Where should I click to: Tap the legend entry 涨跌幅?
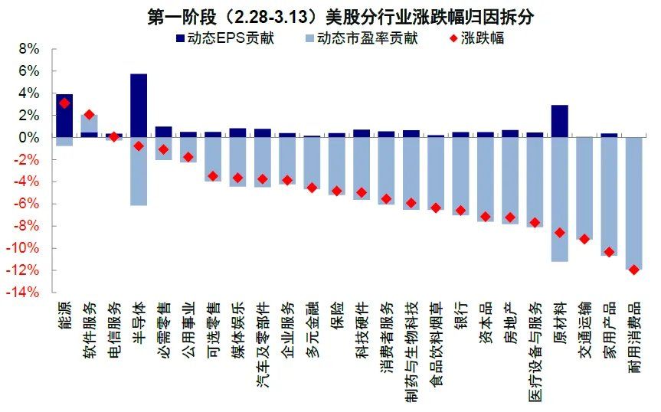(x=475, y=37)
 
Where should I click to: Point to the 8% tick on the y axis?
(x=28, y=49)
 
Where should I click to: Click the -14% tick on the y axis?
(x=25, y=293)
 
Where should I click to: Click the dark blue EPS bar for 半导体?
(x=139, y=105)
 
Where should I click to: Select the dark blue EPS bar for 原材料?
(x=559, y=121)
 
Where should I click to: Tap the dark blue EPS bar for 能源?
(x=64, y=115)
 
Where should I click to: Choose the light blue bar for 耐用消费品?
(x=633, y=203)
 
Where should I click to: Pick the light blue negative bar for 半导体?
(x=139, y=172)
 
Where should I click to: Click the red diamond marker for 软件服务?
(x=89, y=115)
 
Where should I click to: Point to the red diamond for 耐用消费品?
(x=633, y=270)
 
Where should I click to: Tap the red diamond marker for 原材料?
(x=559, y=233)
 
